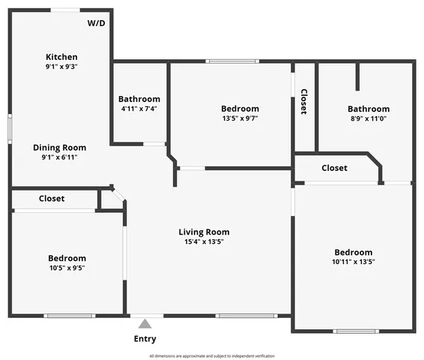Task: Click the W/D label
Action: pyautogui.click(x=97, y=23)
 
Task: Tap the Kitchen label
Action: pyautogui.click(x=61, y=57)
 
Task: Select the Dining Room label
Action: pyautogui.click(x=59, y=148)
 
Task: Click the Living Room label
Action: pyautogui.click(x=204, y=232)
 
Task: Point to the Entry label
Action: pyautogui.click(x=145, y=339)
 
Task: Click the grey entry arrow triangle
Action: pyautogui.click(x=145, y=324)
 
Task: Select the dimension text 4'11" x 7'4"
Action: pyautogui.click(x=139, y=109)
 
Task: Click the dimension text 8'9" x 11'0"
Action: pyautogui.click(x=368, y=118)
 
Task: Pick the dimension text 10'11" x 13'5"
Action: pyautogui.click(x=353, y=262)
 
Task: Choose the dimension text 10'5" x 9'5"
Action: pyautogui.click(x=67, y=268)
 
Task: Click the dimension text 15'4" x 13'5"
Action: pyautogui.click(x=204, y=241)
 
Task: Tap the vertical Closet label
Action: pyautogui.click(x=303, y=101)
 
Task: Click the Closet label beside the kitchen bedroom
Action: pyautogui.click(x=52, y=199)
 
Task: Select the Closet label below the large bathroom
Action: pyautogui.click(x=334, y=168)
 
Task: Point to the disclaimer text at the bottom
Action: pyautogui.click(x=212, y=355)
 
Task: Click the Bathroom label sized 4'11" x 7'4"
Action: pyautogui.click(x=139, y=99)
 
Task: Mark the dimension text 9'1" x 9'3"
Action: pyautogui.click(x=61, y=67)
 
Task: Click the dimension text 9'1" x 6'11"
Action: pyautogui.click(x=59, y=157)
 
